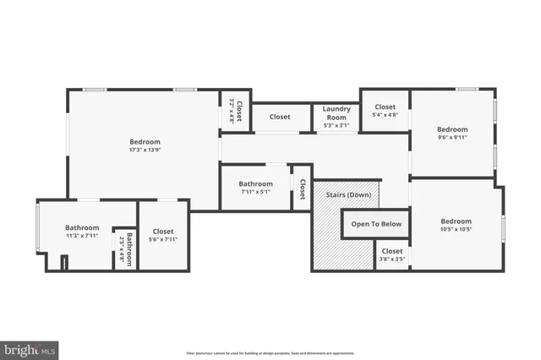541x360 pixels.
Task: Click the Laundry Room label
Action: pyautogui.click(x=336, y=113)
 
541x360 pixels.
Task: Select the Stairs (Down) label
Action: pyautogui.click(x=348, y=195)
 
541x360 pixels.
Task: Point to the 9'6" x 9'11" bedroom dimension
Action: pyautogui.click(x=452, y=138)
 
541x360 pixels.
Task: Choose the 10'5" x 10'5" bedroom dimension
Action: pyautogui.click(x=455, y=229)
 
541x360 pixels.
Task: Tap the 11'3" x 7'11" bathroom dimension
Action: pyautogui.click(x=82, y=237)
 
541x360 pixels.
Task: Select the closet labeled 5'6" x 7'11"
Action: pyautogui.click(x=163, y=240)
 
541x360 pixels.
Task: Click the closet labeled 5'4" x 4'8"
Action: pyautogui.click(x=385, y=116)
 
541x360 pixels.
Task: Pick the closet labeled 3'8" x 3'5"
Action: pyautogui.click(x=391, y=260)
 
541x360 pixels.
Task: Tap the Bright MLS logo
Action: pyautogui.click(x=30, y=348)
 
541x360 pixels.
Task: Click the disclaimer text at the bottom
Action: pyautogui.click(x=270, y=353)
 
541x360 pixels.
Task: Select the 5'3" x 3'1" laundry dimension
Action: pyautogui.click(x=336, y=126)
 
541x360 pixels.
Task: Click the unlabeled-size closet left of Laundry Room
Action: pyautogui.click(x=280, y=117)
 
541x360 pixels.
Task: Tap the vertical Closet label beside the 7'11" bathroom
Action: pyautogui.click(x=302, y=189)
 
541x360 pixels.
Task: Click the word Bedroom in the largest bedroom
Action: pyautogui.click(x=145, y=142)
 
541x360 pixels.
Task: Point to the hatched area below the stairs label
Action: pyautogui.click(x=334, y=245)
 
